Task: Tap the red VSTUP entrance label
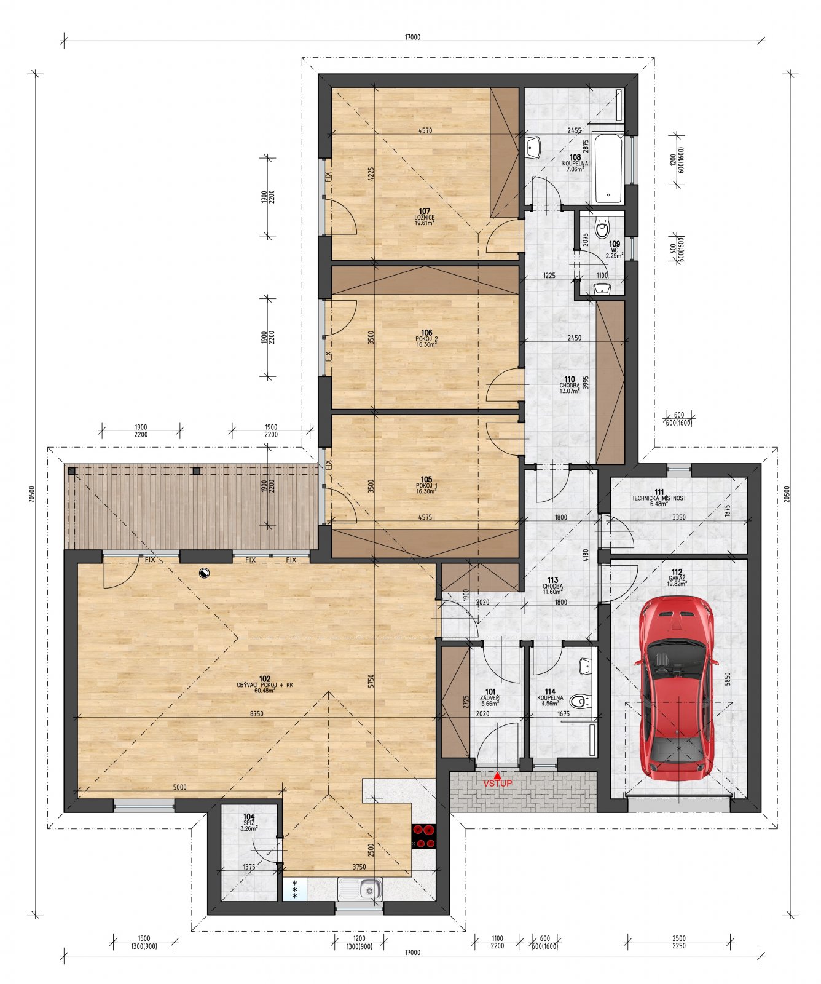pyautogui.click(x=497, y=784)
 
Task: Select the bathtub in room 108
pyautogui.click(x=608, y=167)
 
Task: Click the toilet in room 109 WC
pyautogui.click(x=602, y=230)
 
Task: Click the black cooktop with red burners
pyautogui.click(x=424, y=836)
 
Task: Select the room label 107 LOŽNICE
pyautogui.click(x=424, y=216)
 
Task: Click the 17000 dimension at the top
pyautogui.click(x=412, y=37)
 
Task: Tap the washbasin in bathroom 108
pyautogui.click(x=533, y=147)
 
